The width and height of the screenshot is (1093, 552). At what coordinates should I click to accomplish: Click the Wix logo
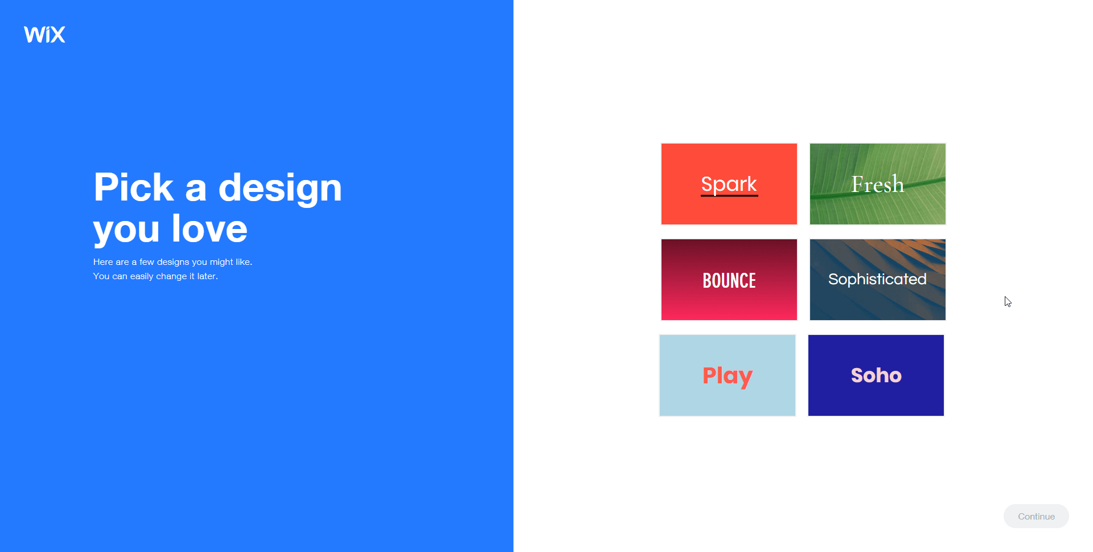click(x=44, y=34)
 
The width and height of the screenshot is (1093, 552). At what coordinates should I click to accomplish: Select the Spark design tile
click(x=729, y=184)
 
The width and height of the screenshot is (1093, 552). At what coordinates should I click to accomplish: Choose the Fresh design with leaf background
click(x=877, y=184)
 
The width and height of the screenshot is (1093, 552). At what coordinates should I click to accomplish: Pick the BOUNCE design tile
click(x=729, y=280)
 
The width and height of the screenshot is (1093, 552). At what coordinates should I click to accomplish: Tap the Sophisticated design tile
click(x=877, y=280)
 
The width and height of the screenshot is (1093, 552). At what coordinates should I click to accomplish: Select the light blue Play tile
click(x=727, y=375)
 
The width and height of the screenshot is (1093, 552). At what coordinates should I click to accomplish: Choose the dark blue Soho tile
click(x=876, y=375)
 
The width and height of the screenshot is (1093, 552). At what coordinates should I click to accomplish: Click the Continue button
click(x=1036, y=516)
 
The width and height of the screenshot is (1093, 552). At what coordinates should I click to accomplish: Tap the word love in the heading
click(x=209, y=228)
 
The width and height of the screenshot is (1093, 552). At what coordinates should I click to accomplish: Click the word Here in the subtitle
click(x=103, y=262)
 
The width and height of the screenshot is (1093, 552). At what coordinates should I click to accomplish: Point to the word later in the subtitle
click(x=207, y=276)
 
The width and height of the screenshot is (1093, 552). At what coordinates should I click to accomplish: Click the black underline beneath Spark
click(x=729, y=195)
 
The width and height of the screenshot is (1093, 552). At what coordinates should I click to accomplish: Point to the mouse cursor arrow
click(x=1008, y=302)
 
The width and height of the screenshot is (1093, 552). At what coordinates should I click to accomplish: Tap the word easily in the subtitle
click(x=142, y=276)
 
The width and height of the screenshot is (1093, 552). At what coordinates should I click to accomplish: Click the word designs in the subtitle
click(x=173, y=262)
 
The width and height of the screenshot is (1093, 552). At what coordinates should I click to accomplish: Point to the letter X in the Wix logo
click(x=57, y=35)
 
